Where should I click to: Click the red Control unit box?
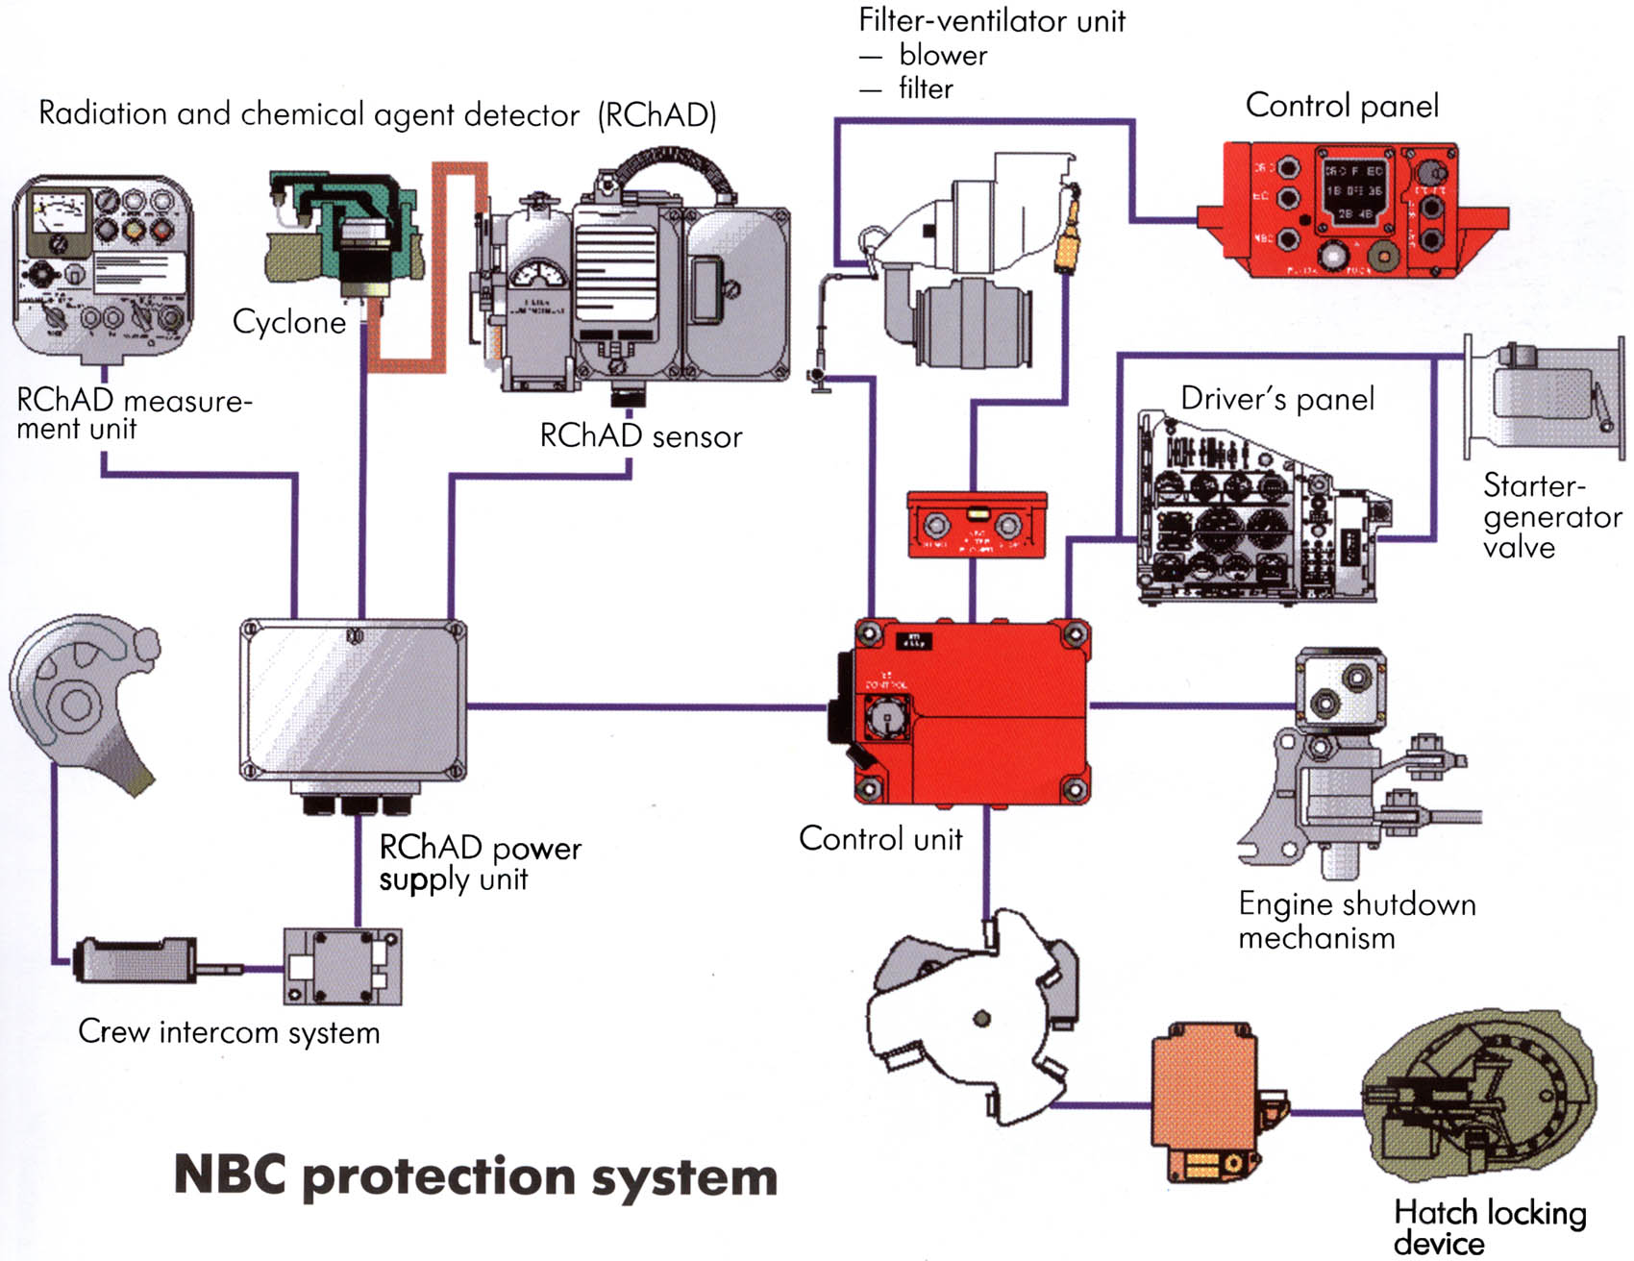[x=971, y=711]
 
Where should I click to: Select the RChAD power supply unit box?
[x=353, y=702]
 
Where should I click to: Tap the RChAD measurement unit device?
[x=103, y=264]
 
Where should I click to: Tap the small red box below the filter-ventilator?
[x=977, y=525]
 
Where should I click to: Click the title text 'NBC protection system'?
[x=476, y=1176]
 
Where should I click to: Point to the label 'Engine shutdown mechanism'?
[x=1355, y=920]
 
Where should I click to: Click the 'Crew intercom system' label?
[x=229, y=1031]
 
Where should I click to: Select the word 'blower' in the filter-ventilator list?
[x=943, y=55]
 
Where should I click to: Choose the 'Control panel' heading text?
[x=1342, y=105]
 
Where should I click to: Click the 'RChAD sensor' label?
[x=641, y=435]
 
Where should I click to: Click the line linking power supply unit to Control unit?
[x=644, y=706]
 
